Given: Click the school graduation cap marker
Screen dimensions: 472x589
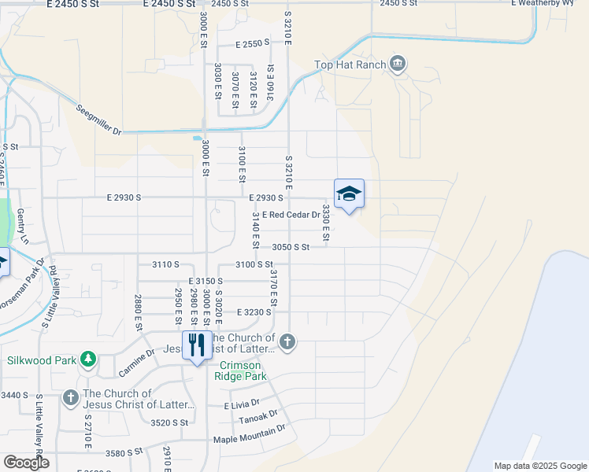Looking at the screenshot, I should click(x=350, y=194).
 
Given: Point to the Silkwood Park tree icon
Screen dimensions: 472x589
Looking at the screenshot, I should click(x=88, y=360).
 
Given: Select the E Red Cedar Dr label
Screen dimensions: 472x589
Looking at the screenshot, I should click(x=291, y=214).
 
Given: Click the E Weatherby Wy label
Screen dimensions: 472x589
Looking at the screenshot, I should click(x=549, y=4).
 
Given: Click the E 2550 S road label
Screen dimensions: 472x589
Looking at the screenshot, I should click(x=252, y=45).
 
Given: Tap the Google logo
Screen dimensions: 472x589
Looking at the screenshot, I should click(x=26, y=462).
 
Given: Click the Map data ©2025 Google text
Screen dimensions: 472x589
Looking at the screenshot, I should click(x=540, y=466).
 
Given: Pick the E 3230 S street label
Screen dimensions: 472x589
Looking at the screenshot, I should click(x=253, y=312).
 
